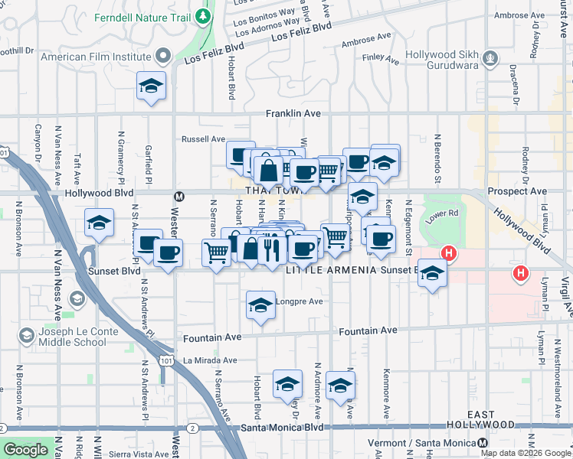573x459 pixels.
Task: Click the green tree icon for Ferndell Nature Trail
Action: coord(202,15)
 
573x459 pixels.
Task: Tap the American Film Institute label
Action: coord(96,56)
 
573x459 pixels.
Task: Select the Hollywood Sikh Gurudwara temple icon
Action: coord(490,56)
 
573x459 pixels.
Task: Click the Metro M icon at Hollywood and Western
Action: coord(179,196)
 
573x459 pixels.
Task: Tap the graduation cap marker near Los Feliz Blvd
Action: coord(152,86)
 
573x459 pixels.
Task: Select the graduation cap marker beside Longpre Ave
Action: coord(261,305)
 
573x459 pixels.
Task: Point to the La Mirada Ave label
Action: coord(210,360)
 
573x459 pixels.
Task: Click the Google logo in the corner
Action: coord(26,450)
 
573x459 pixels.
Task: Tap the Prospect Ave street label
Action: coord(518,190)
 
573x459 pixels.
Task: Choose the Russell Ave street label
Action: coord(202,139)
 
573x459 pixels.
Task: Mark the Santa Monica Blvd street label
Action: coord(284,428)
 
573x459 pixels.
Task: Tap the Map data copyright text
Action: coord(526,453)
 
